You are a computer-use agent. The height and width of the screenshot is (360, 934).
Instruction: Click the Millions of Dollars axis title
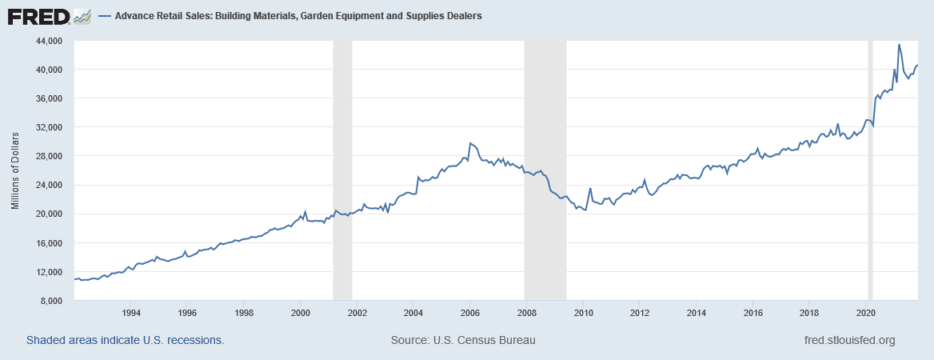pyautogui.click(x=15, y=170)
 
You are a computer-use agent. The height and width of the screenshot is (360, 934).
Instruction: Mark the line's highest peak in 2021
pyautogui.click(x=899, y=45)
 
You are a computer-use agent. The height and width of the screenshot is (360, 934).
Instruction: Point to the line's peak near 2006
pyautogui.click(x=469, y=143)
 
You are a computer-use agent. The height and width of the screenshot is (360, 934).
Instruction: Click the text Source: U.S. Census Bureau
pyautogui.click(x=463, y=340)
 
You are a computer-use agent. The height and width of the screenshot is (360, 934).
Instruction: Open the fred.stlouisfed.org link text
pyautogui.click(x=848, y=340)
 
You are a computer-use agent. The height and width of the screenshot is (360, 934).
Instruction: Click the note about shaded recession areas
pyautogui.click(x=125, y=340)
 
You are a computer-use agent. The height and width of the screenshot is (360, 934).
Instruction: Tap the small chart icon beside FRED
pyautogui.click(x=82, y=15)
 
